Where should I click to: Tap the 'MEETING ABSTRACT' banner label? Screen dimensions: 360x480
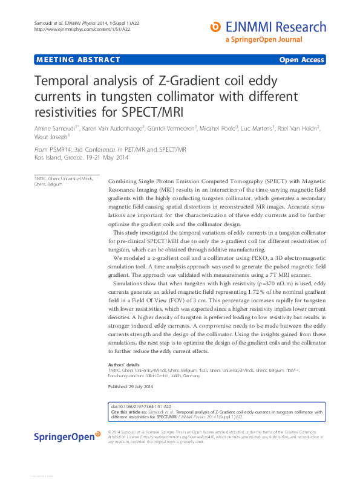coord(78,60)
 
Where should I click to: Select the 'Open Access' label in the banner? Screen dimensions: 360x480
coord(302,60)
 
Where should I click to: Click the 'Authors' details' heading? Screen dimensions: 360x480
coord(123,365)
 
